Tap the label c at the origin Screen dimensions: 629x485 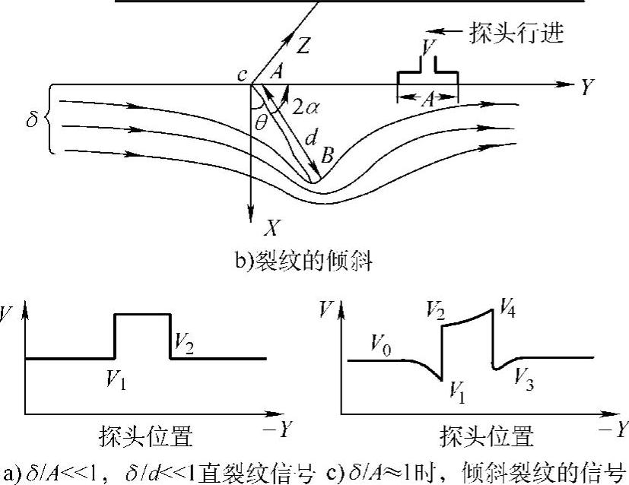click(x=242, y=76)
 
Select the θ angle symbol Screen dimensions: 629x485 click(x=261, y=121)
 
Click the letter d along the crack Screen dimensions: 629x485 click(x=310, y=139)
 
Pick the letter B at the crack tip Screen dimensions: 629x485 click(x=327, y=157)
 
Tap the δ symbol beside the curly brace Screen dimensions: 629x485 click(x=31, y=120)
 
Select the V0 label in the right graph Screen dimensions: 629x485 click(x=380, y=343)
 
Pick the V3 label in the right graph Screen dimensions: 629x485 click(x=523, y=376)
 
